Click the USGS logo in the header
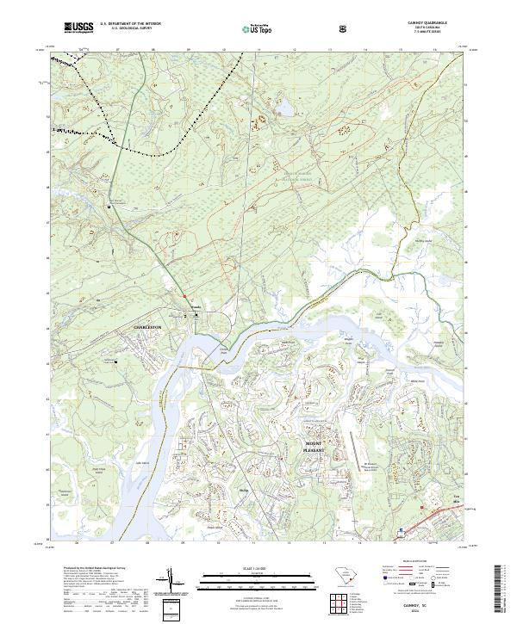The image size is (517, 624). tap(77, 28)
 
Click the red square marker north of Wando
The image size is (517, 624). tap(184, 297)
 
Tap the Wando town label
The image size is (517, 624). tap(195, 308)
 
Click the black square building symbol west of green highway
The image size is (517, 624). tap(109, 207)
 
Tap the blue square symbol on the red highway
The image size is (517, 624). tap(399, 530)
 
